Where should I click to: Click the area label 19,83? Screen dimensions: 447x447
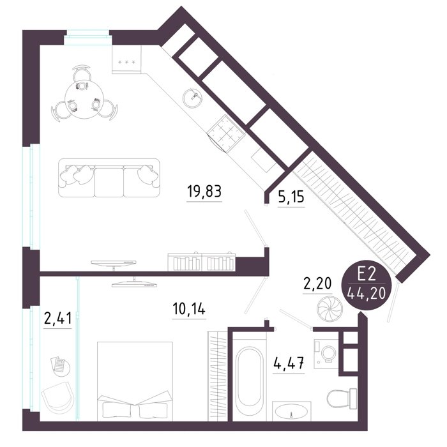tap(204, 191)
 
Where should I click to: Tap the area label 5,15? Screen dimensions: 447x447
tap(291, 197)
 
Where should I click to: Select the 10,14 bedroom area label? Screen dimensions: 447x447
tap(189, 308)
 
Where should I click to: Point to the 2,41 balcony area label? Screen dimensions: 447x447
tap(57, 319)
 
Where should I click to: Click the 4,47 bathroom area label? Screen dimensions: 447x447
tap(289, 363)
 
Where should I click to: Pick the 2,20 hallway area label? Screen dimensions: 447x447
tap(317, 284)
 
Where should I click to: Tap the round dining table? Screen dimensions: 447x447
tap(84, 99)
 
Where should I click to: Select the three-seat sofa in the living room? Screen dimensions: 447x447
tap(109, 178)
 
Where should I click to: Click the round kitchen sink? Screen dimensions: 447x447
tap(193, 98)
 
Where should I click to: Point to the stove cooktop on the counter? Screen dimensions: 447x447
tap(226, 133)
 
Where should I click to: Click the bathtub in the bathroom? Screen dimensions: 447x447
tap(250, 376)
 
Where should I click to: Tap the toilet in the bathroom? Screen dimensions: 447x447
tap(342, 398)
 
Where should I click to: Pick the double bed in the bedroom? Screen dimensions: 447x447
tap(135, 381)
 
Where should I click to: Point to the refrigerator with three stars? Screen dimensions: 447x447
tap(126, 59)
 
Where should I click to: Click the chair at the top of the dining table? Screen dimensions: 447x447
tap(82, 73)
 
